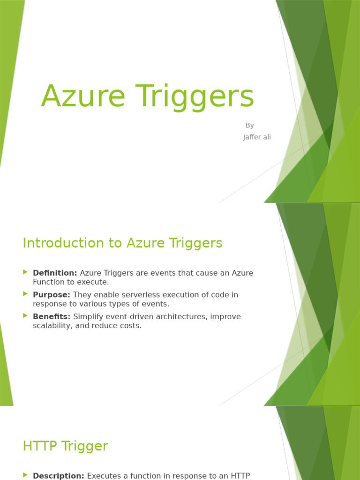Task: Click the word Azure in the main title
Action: pos(83,96)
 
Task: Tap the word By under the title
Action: pos(249,125)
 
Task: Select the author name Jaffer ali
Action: pos(257,137)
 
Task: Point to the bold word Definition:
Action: pos(55,273)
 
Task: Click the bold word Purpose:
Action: pos(52,295)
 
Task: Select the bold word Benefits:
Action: pos(52,317)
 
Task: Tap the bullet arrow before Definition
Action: pos(25,272)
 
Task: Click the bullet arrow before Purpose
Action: pos(25,294)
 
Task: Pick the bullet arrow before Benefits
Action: pos(25,316)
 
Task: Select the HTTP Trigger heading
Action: pos(65,446)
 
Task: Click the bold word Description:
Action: pos(59,476)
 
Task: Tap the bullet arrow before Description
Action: pos(25,475)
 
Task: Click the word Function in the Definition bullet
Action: pos(49,282)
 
